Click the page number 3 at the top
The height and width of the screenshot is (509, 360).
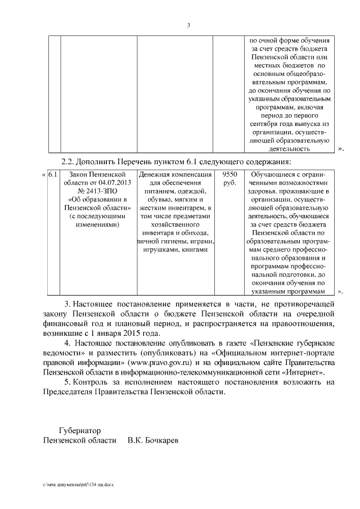tap(188, 25)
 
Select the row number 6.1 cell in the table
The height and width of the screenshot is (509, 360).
tap(53, 174)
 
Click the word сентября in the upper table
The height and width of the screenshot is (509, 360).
tap(263, 123)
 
